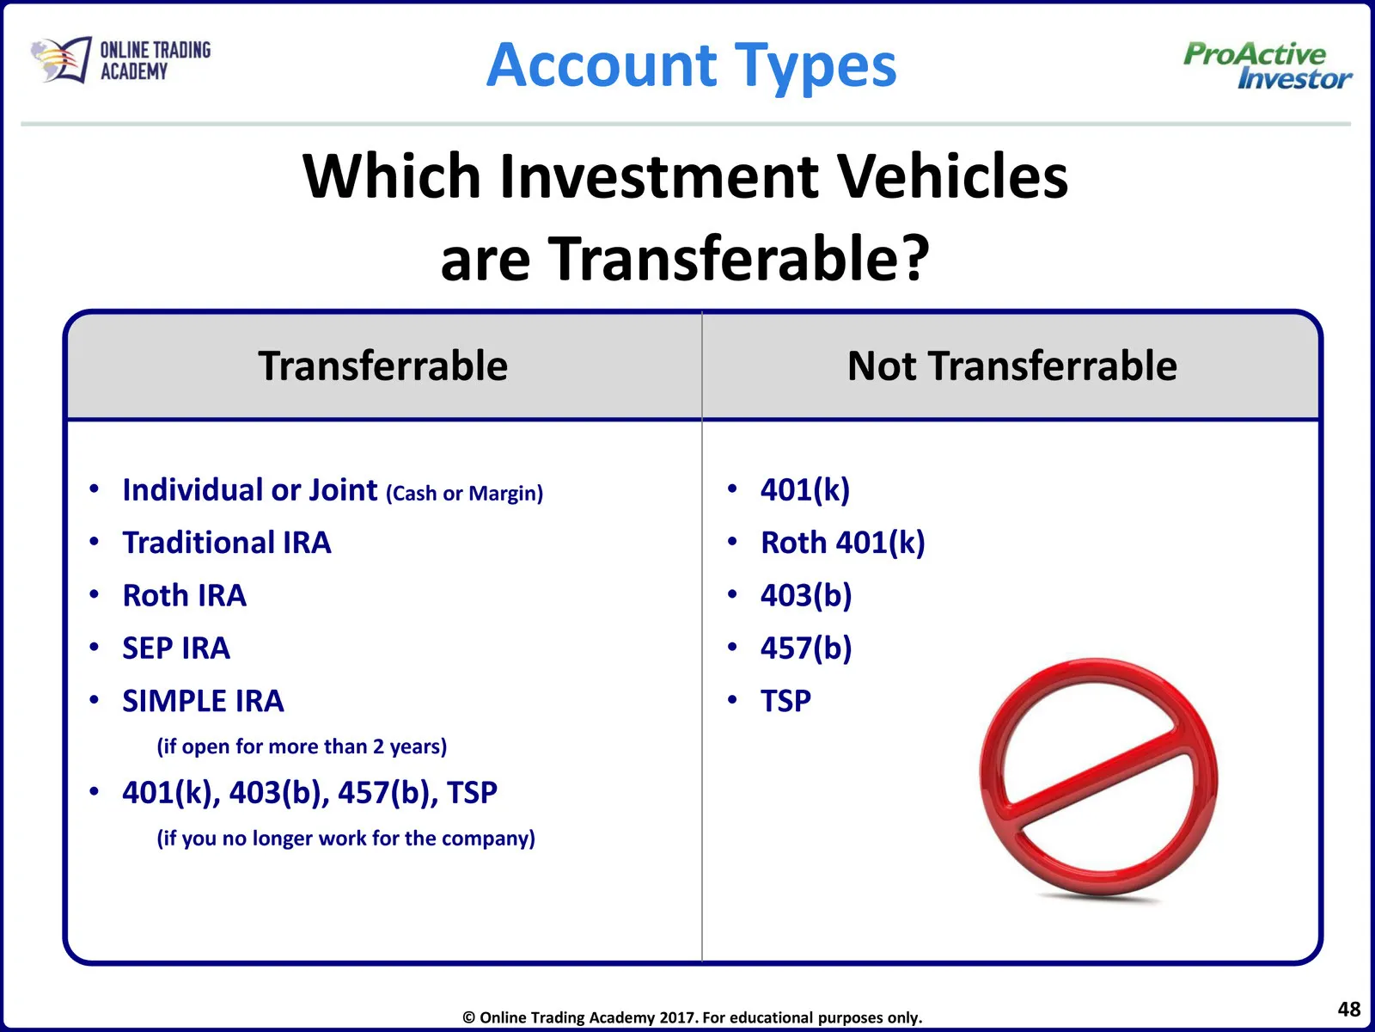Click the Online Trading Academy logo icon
(61, 60)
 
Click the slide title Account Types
(692, 65)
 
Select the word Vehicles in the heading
(953, 176)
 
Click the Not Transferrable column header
(1011, 366)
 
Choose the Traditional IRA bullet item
(226, 543)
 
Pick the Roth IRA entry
(184, 595)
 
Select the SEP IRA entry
(176, 648)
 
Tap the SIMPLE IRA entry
(203, 701)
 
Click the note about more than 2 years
(302, 746)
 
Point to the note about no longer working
(345, 838)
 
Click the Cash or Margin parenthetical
(464, 494)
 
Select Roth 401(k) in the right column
(842, 543)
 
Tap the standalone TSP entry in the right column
(785, 701)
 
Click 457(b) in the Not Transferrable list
(806, 648)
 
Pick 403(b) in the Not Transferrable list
(806, 595)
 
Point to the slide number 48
(1348, 1009)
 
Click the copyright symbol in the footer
(468, 1017)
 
